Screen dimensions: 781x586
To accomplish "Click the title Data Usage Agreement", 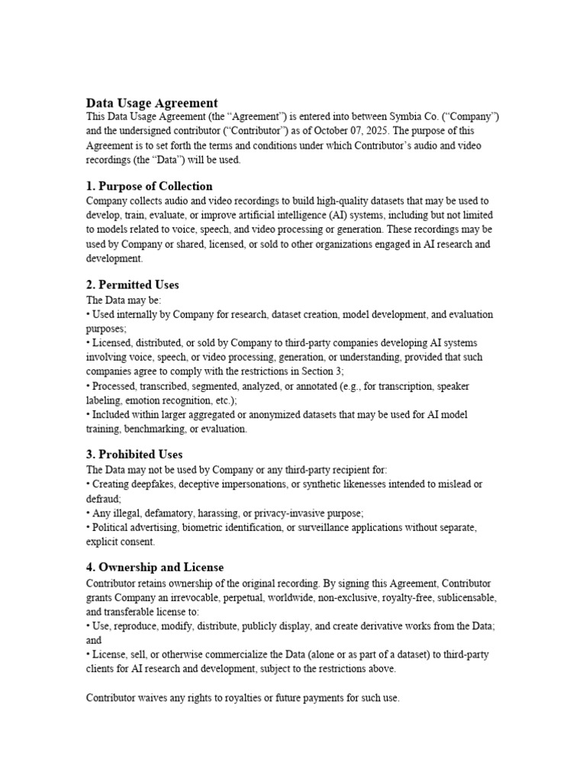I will pos(152,103).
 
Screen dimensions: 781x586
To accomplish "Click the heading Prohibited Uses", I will pos(140,455).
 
